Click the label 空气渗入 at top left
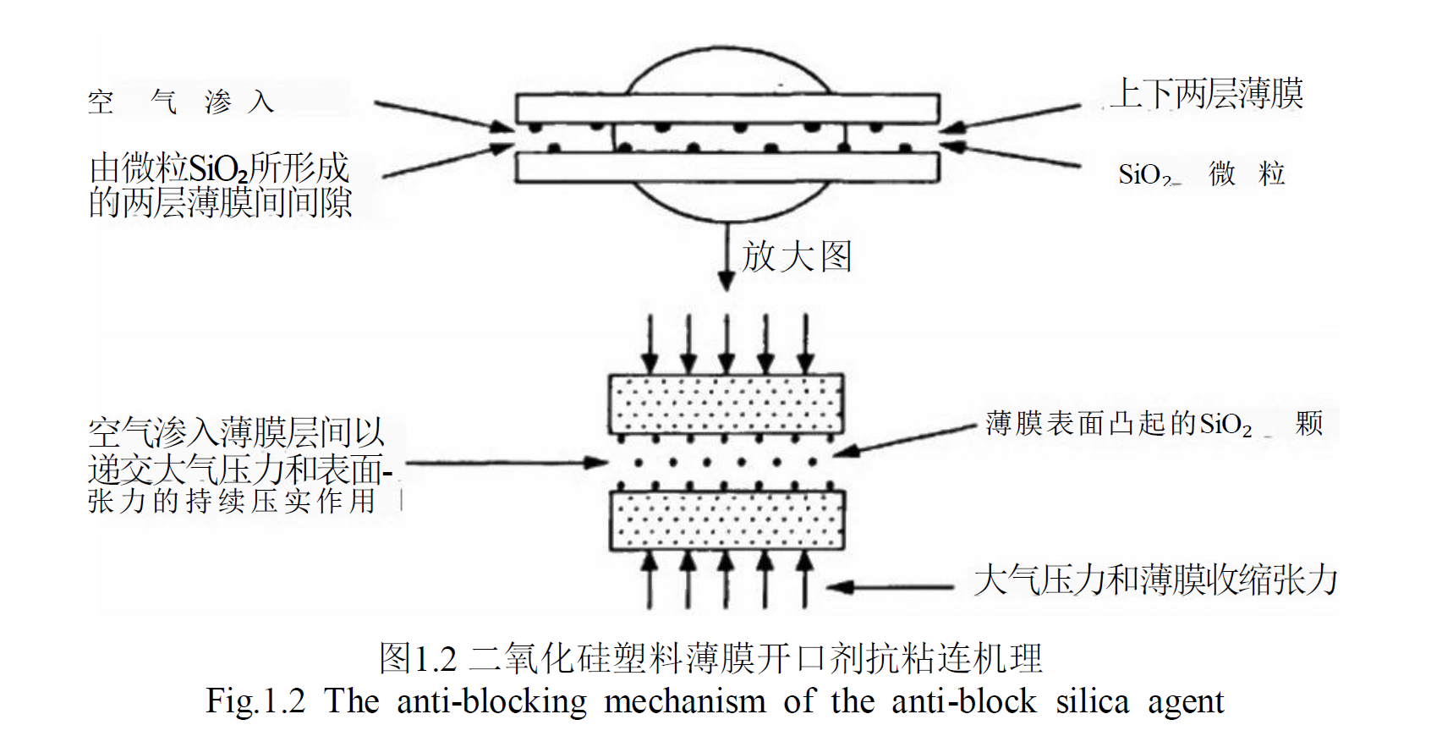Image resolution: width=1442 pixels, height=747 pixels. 180,102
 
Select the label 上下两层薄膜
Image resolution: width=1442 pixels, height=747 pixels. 1207,94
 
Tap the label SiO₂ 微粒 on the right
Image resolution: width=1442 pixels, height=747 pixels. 1201,174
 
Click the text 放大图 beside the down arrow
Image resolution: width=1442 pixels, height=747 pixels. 797,256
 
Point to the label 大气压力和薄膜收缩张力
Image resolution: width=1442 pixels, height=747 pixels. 1155,580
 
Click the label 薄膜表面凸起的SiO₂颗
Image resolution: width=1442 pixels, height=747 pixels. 1154,423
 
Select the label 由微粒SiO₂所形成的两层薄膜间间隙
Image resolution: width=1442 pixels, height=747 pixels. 220,185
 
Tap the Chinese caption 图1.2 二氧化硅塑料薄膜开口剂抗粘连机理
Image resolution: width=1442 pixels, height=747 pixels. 710,658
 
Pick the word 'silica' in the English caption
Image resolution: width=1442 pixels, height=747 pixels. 1092,701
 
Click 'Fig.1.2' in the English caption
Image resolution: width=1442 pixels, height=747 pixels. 255,701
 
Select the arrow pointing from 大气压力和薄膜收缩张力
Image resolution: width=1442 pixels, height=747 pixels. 890,586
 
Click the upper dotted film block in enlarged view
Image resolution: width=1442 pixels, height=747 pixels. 726,404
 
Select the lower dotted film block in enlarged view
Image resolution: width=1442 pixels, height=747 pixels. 726,520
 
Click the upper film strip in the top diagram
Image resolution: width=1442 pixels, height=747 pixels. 727,108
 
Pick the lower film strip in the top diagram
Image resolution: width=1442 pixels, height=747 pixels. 727,168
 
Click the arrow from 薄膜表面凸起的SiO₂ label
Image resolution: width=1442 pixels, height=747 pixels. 905,440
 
